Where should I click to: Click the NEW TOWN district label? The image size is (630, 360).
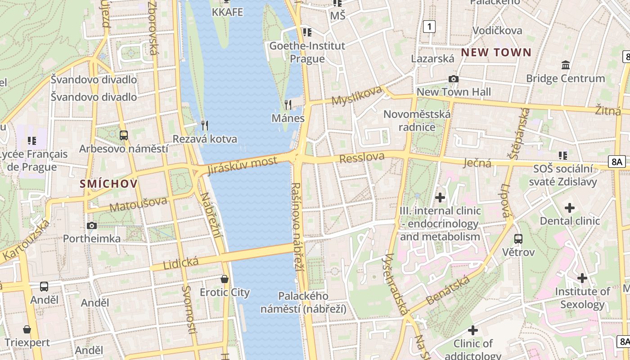pyautogui.click(x=496, y=52)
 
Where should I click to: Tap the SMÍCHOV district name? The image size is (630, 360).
pyautogui.click(x=108, y=184)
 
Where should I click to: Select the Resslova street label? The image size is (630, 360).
pyautogui.click(x=362, y=157)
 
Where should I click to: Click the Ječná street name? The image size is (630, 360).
pyautogui.click(x=477, y=162)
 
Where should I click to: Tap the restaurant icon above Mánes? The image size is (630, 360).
pyautogui.click(x=288, y=105)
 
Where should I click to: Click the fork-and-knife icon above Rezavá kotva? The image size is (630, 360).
pyautogui.click(x=205, y=125)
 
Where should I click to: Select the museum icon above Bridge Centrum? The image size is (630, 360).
pyautogui.click(x=566, y=65)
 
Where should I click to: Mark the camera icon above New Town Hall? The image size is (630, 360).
pyautogui.click(x=454, y=79)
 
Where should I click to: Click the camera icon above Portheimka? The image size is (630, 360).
pyautogui.click(x=92, y=225)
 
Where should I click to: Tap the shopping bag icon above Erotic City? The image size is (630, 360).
pyautogui.click(x=225, y=279)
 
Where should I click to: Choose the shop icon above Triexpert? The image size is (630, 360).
pyautogui.click(x=27, y=329)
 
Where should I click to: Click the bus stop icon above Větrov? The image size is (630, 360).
pyautogui.click(x=518, y=239)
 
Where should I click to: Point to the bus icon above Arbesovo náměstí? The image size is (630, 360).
pyautogui.click(x=123, y=135)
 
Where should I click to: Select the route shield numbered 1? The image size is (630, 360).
pyautogui.click(x=429, y=27)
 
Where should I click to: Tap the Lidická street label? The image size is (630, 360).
pyautogui.click(x=181, y=262)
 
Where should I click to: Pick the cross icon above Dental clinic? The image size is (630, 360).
pyautogui.click(x=570, y=208)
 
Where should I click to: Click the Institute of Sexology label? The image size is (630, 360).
pyautogui.click(x=582, y=298)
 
